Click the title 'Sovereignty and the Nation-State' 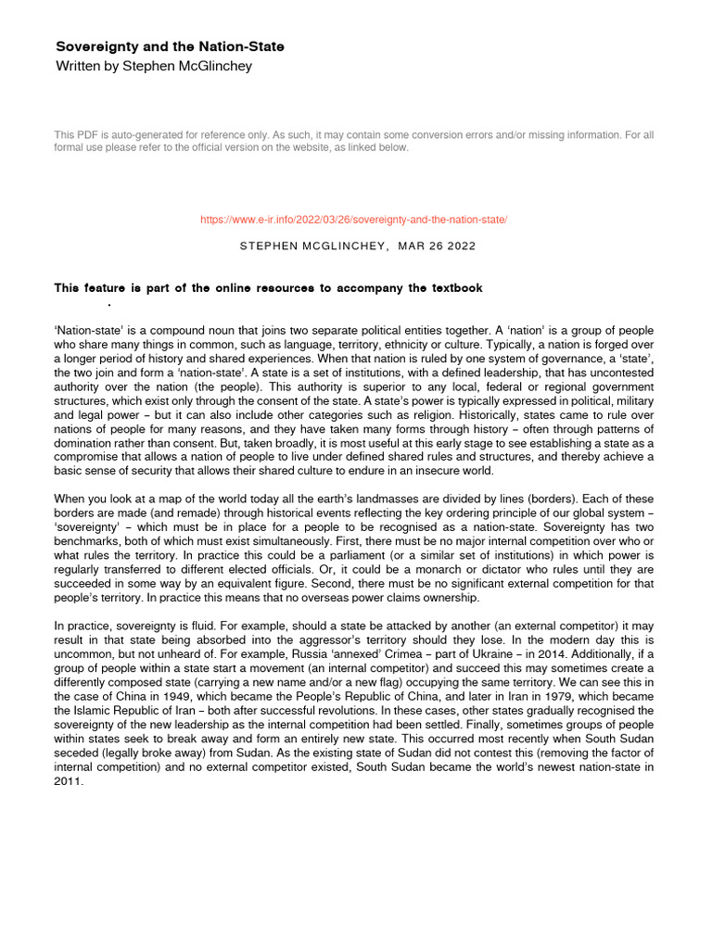click(x=170, y=46)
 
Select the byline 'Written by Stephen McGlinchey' click(x=153, y=66)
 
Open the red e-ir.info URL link click(x=354, y=219)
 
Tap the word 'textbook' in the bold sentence click(x=452, y=288)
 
